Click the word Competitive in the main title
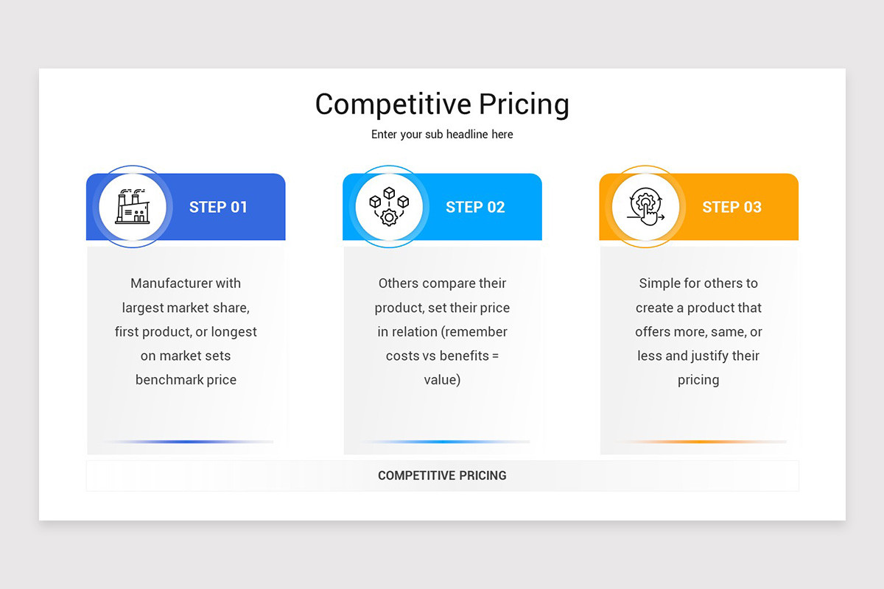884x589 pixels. click(393, 104)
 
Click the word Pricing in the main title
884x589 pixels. click(525, 105)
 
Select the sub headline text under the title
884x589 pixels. click(442, 135)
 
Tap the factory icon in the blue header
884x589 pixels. click(133, 206)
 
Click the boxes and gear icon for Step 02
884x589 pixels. click(389, 206)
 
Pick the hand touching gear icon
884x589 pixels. click(645, 206)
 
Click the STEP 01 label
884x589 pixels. click(218, 207)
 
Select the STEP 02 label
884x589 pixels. click(475, 207)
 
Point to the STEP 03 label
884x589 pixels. click(732, 207)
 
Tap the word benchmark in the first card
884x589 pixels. click(166, 380)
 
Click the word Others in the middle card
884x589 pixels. click(399, 283)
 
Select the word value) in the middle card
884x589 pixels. click(442, 380)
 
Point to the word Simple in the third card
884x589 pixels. click(660, 283)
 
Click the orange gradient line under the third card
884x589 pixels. click(700, 442)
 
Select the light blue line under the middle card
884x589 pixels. click(443, 442)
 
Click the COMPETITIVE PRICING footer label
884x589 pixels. click(442, 476)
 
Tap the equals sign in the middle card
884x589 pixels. click(495, 356)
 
